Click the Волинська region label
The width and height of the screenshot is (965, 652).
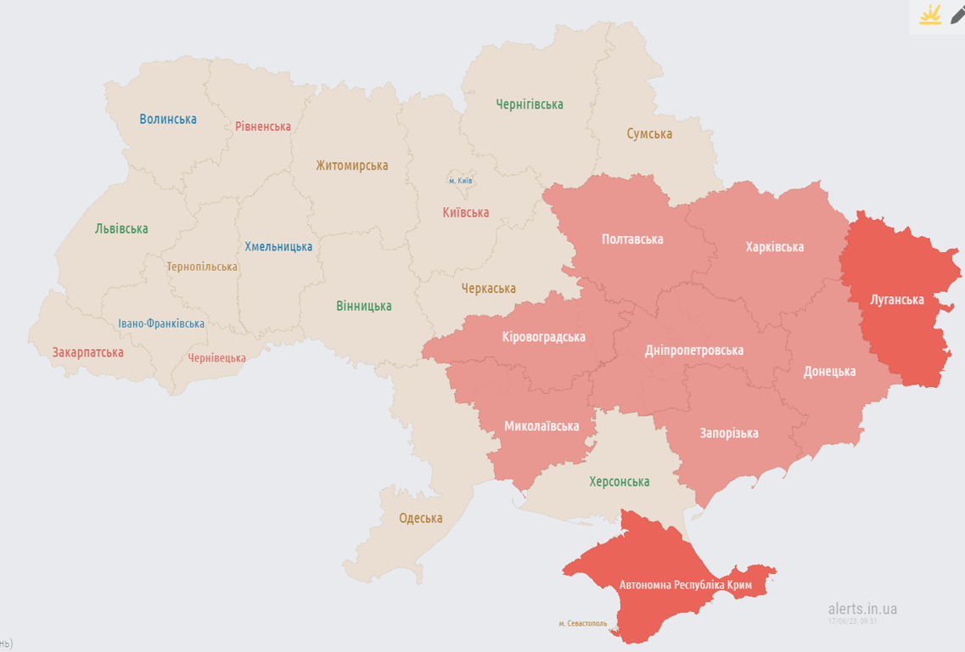click(x=168, y=119)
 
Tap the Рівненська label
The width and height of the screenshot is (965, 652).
click(x=263, y=126)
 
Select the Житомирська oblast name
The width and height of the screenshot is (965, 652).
click(x=352, y=166)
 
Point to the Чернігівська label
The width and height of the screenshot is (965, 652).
click(x=530, y=104)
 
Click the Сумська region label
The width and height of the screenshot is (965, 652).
click(x=649, y=133)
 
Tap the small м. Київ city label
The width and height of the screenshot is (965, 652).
click(x=461, y=181)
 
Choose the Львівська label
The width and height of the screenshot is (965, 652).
click(x=121, y=228)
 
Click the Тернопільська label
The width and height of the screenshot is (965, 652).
click(x=202, y=267)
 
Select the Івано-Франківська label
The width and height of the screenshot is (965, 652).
click(x=161, y=323)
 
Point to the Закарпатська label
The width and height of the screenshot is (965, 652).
click(x=87, y=351)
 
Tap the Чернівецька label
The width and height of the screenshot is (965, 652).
click(x=217, y=357)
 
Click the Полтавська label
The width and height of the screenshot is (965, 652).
click(x=632, y=239)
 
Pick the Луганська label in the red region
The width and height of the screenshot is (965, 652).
click(x=897, y=299)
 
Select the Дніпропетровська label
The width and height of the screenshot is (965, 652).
click(x=694, y=350)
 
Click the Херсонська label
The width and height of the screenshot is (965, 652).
click(x=620, y=481)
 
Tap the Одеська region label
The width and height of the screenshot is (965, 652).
click(x=421, y=518)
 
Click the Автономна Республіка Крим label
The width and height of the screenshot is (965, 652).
click(x=686, y=585)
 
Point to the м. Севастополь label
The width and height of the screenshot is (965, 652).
click(x=583, y=623)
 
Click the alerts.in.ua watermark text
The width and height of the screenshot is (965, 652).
click(x=862, y=609)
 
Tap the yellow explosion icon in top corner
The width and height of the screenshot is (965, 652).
click(x=930, y=15)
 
